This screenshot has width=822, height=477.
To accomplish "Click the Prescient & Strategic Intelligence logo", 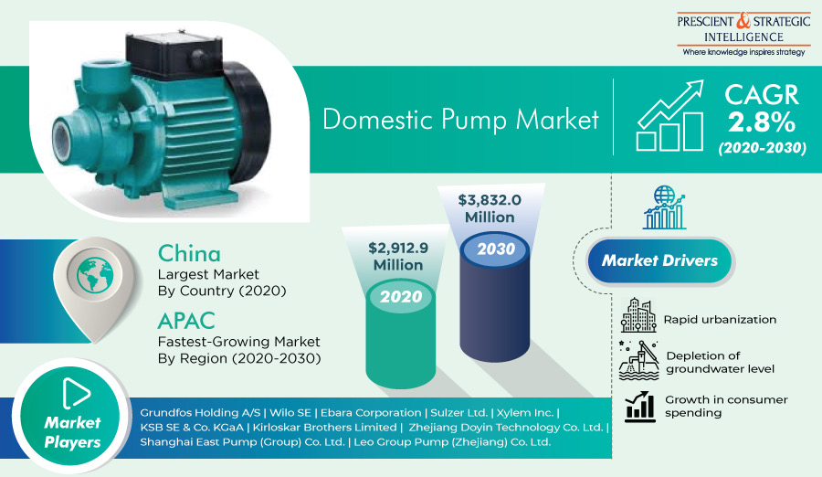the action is pos(743,34).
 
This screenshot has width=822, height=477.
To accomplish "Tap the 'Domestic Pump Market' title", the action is pos(460,119).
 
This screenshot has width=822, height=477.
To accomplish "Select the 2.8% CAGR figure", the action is pos(761,122).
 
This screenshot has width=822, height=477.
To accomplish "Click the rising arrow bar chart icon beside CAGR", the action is pos(670,115).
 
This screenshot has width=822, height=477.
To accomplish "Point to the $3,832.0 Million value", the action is pos(490,208).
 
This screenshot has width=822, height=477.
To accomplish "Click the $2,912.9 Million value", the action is pos(398,256).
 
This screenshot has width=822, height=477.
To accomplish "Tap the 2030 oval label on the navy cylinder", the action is pos(495,249).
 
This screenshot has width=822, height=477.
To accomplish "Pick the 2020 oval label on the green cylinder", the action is pos(401,296).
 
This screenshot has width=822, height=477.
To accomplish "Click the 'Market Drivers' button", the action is pos(659,260).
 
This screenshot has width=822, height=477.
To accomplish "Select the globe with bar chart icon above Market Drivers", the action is pos(665,207).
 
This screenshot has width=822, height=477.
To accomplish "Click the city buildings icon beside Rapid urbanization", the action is pos(638,315).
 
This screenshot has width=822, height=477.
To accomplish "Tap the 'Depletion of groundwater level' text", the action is pos(720,362).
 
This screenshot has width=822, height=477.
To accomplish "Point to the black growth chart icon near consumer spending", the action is pos(640,407).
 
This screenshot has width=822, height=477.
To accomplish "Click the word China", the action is pos(189,254).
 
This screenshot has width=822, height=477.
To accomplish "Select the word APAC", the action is pos(186,321).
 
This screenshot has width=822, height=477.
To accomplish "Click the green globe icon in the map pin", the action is pos(95,274).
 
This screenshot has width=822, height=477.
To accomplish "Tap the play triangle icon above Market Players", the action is pos(76,393).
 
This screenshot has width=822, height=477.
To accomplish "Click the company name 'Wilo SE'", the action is pos(290,413).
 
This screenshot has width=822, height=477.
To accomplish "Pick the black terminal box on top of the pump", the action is pos(173,52).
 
